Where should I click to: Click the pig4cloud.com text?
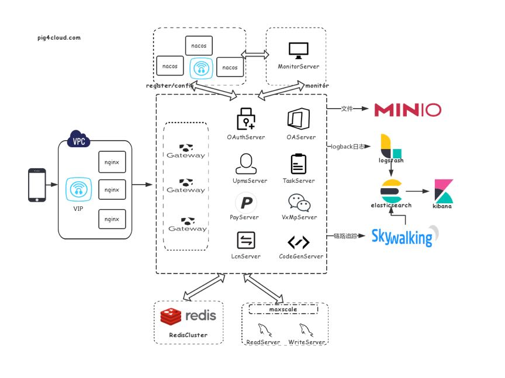click(58, 37)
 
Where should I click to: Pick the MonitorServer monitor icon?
click(298, 51)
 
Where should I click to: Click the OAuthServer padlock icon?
click(245, 119)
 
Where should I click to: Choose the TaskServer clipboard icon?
click(298, 164)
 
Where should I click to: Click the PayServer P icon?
click(245, 203)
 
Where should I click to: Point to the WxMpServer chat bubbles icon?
click(299, 203)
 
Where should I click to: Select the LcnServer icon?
click(245, 241)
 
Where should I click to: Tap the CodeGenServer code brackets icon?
click(299, 242)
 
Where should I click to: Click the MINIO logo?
click(407, 109)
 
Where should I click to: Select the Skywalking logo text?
click(402, 237)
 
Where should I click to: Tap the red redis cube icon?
click(171, 316)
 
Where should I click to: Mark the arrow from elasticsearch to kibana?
click(417, 191)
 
